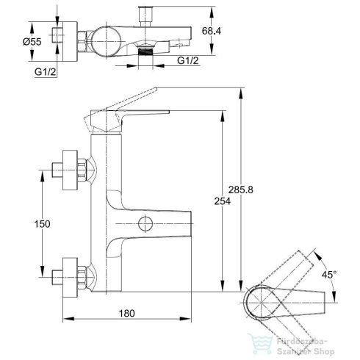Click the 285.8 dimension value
click(241, 190)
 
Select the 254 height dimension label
click(223, 201)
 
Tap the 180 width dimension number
click(127, 313)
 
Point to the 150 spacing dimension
click(42, 224)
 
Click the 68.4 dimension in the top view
click(212, 31)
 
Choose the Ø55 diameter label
click(32, 42)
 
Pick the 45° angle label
click(329, 275)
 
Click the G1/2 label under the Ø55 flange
click(46, 72)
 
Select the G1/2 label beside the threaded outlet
click(188, 60)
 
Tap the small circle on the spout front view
click(145, 223)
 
